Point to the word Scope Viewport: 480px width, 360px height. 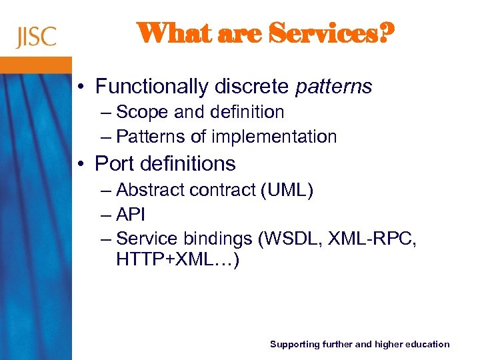(143, 112)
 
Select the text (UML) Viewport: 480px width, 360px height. (287, 190)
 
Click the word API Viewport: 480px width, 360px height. (131, 215)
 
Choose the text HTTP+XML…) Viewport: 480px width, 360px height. (177, 259)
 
